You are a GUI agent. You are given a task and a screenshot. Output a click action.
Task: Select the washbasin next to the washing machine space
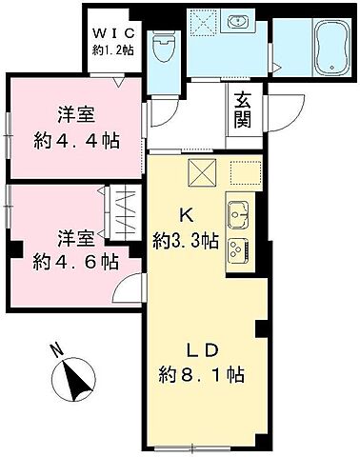[239, 24]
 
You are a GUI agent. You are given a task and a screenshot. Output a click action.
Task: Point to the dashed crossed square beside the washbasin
[203, 25]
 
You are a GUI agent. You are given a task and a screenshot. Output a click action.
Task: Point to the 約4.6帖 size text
[75, 259]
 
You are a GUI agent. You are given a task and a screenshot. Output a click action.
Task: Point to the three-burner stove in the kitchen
[237, 250]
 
